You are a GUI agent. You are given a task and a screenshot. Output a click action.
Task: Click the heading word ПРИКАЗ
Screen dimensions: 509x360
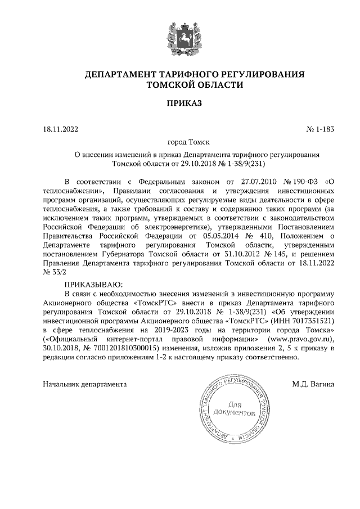coord(180,103)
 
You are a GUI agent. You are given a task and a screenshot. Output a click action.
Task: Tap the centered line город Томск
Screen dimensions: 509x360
coord(180,143)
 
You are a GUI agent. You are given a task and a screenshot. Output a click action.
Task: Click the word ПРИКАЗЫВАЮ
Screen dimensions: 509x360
coord(93,285)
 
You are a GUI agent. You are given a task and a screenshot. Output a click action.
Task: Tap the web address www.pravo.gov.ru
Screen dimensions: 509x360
coord(301,339)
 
